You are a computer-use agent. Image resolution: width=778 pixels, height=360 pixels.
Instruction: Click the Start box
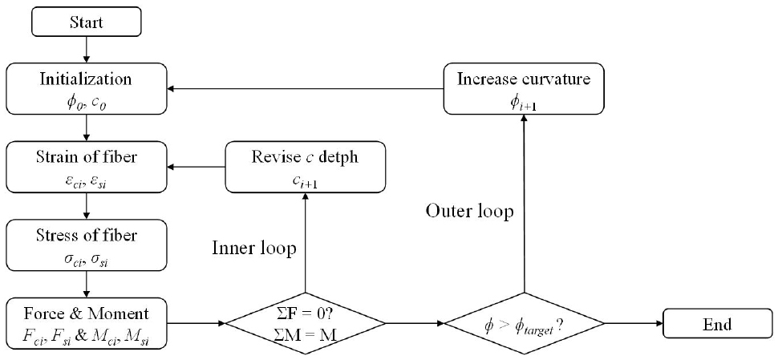click(x=86, y=21)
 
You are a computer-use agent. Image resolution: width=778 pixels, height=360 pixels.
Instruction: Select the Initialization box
click(x=86, y=88)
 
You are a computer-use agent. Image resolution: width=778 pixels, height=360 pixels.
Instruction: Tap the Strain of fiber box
click(x=86, y=166)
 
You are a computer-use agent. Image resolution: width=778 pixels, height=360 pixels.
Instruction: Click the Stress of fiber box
click(x=86, y=244)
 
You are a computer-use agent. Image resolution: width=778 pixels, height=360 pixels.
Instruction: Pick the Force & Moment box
click(x=86, y=323)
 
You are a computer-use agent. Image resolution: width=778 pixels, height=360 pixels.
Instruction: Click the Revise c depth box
click(x=305, y=167)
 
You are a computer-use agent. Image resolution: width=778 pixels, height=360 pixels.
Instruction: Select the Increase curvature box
click(x=524, y=88)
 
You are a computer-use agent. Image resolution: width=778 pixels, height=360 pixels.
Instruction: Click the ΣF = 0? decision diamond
click(x=305, y=325)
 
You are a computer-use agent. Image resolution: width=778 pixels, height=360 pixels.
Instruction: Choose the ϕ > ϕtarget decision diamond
click(x=524, y=325)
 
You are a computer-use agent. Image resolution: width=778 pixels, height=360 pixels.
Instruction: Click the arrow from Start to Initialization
click(x=86, y=49)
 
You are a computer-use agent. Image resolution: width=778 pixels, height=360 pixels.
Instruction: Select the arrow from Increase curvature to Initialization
click(x=306, y=88)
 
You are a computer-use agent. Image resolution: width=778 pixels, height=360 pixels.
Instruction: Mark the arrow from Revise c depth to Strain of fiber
click(x=197, y=167)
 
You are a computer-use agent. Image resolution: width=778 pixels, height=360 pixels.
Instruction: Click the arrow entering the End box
click(x=634, y=325)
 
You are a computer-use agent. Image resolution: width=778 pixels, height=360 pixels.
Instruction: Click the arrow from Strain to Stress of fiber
click(x=86, y=204)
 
